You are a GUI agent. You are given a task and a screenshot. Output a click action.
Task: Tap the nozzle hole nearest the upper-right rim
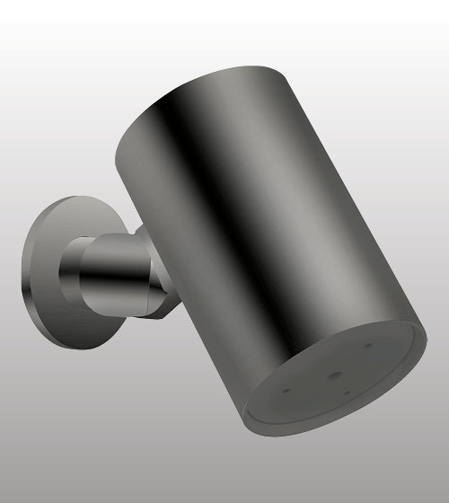click(368, 344)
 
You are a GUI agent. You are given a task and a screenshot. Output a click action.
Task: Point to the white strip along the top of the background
click(224, 11)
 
